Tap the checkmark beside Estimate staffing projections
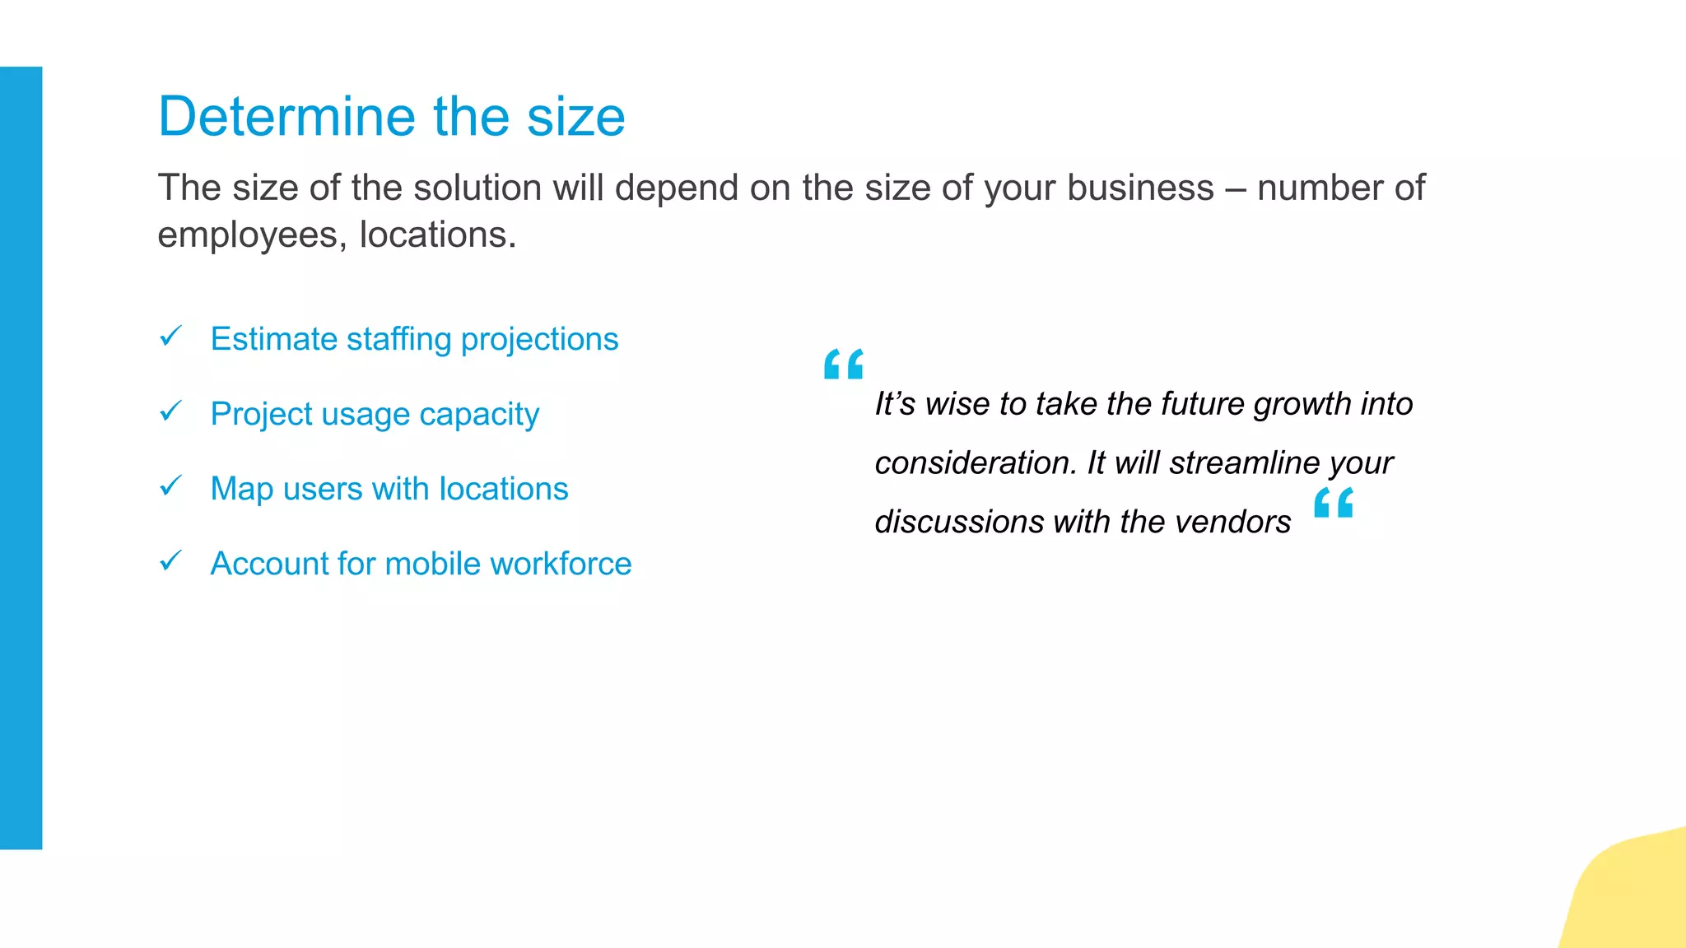click(170, 336)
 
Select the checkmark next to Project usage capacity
click(170, 411)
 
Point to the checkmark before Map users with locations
click(170, 486)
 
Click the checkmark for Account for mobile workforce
click(170, 560)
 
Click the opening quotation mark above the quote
click(844, 364)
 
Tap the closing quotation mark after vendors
click(1334, 502)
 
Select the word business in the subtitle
click(1140, 188)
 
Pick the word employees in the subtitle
click(248, 235)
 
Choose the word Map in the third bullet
click(241, 489)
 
